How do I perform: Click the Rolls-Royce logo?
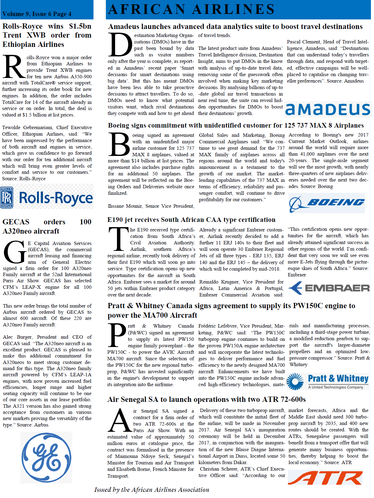coord(47,197)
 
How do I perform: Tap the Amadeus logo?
coord(328,109)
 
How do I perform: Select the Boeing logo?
coord(327,203)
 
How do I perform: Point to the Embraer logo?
coord(329,288)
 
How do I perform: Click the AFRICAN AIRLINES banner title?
coord(191,9)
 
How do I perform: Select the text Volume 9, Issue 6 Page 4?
coord(37,14)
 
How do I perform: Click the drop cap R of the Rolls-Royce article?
coord(14,67)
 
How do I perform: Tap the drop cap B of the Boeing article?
coord(119,144)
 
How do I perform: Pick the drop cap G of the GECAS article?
coord(15,252)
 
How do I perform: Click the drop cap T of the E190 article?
coord(118,239)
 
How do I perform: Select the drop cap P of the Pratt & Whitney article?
coord(117,335)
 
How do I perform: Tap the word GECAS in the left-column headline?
coord(16,222)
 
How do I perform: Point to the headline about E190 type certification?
coord(191,220)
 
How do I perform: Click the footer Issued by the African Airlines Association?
coord(152,490)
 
